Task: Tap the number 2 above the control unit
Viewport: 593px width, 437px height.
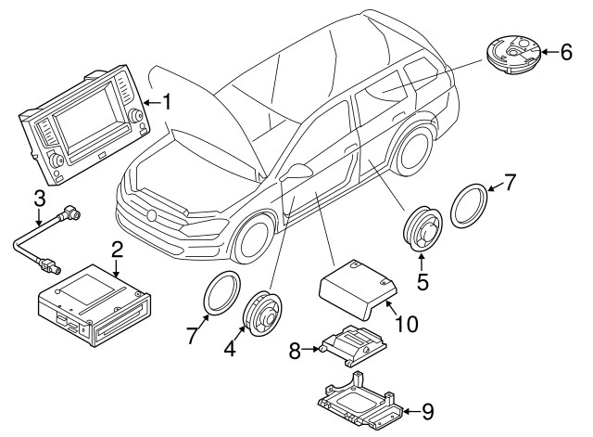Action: (118, 249)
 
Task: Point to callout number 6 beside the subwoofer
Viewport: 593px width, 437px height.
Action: (567, 52)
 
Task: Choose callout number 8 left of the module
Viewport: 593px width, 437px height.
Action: (296, 350)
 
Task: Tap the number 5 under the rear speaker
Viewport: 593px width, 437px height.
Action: (422, 280)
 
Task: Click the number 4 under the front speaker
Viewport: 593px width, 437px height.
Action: (230, 350)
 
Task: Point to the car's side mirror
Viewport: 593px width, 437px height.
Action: (299, 172)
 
